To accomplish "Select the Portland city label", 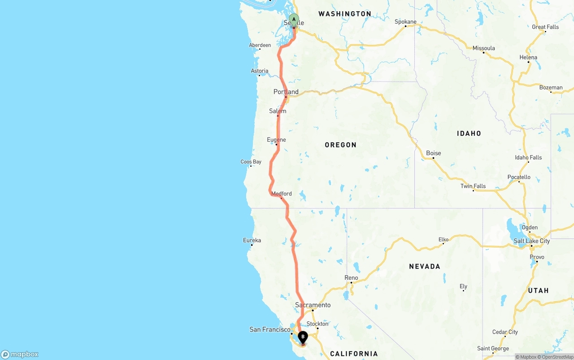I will point(286,92).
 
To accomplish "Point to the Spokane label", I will point(405,22).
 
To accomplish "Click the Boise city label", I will point(433,153).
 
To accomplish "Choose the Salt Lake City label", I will point(531,241).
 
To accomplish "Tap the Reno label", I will point(351,278).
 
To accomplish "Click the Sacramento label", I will point(313,305).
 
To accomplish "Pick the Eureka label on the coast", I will point(252,240).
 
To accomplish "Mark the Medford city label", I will point(281,194).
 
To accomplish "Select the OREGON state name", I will point(340,145).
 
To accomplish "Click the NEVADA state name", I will point(424,266).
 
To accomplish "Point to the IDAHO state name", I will point(469,133).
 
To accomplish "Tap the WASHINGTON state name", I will point(344,14).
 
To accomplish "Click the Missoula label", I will point(483,48).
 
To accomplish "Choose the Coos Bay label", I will point(251,162).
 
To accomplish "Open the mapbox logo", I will point(20,355).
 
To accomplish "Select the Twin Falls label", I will point(473,186).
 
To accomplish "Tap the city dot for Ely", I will point(464,291).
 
